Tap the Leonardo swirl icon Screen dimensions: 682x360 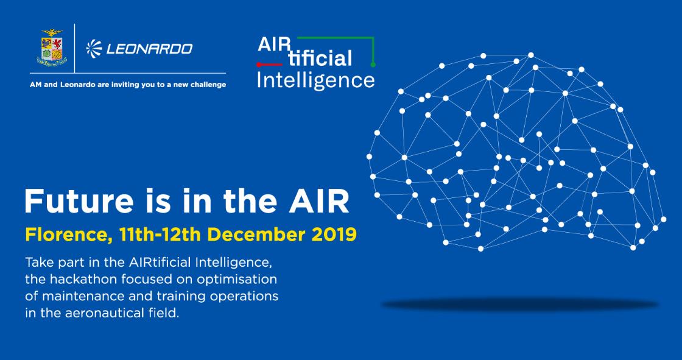tap(94, 48)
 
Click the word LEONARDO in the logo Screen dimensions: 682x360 tap(149, 48)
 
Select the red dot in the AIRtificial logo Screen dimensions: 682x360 tap(259, 65)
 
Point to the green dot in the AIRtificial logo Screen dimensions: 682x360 tap(373, 65)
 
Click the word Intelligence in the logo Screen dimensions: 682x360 tap(316, 80)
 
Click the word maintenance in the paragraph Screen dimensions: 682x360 tap(85, 297)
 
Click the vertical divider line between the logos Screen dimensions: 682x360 tap(75, 48)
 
